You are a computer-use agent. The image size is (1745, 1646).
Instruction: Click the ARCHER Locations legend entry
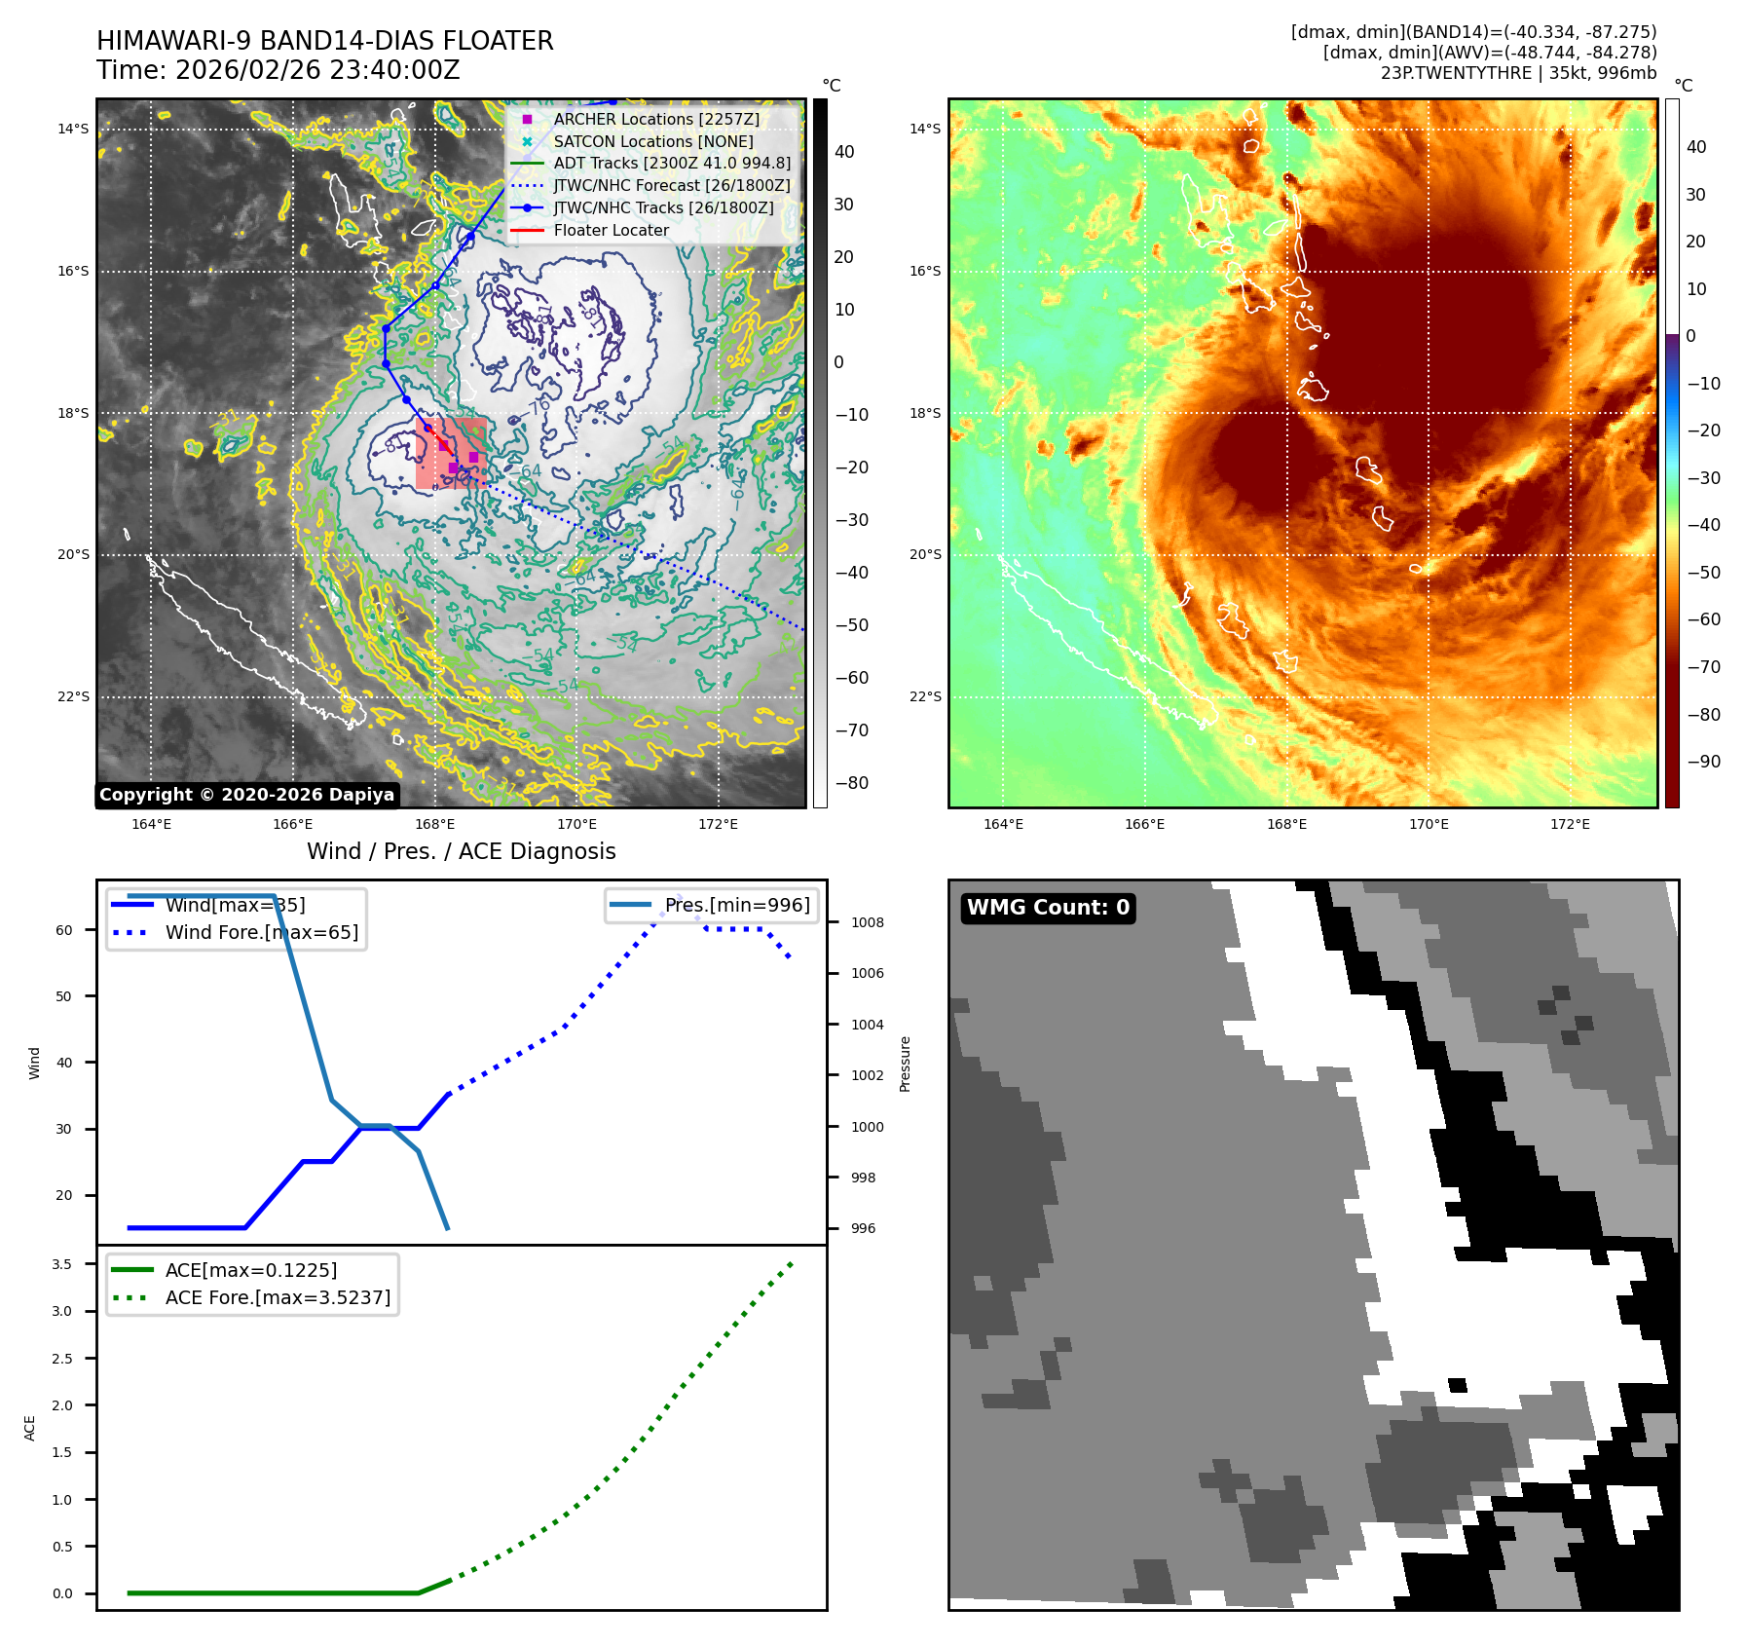[655, 119]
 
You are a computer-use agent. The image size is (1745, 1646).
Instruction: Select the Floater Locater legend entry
[611, 231]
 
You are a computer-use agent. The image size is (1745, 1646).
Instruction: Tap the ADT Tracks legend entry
[671, 164]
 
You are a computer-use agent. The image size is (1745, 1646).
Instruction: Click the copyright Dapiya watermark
[246, 795]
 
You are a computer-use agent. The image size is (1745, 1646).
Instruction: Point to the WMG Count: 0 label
[1048, 908]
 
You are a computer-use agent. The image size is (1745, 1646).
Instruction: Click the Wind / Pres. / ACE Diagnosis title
[461, 852]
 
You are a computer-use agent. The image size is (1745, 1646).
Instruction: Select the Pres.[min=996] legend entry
[736, 906]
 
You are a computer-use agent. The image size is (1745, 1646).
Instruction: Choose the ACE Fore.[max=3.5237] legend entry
[278, 1298]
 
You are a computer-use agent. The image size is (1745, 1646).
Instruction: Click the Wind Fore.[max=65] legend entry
[261, 933]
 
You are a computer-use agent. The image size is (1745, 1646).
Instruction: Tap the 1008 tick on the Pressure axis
[867, 923]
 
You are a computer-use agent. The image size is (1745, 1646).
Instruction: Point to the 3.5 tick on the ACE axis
[62, 1265]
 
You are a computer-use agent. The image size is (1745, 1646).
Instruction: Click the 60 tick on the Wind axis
[64, 931]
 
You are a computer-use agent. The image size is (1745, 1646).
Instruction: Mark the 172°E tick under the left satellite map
[718, 825]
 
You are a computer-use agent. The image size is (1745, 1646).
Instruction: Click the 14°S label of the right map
[925, 129]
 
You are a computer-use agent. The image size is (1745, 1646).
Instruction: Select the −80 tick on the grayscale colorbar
[851, 783]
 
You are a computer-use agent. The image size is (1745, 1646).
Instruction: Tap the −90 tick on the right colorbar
[1703, 762]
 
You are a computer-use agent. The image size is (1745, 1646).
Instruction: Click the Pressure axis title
[906, 1064]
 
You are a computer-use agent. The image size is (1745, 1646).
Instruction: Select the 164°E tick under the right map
[1003, 825]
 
